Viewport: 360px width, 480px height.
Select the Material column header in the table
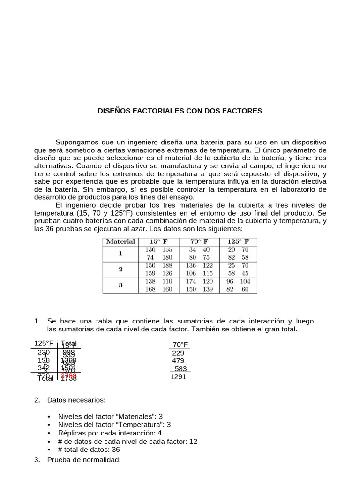(x=120, y=242)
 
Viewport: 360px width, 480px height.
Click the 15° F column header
(x=158, y=242)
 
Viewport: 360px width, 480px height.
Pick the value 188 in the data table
(x=167, y=265)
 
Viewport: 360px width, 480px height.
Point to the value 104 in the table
(x=245, y=281)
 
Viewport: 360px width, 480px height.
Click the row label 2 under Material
(x=120, y=269)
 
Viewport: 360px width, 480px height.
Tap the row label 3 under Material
(x=120, y=285)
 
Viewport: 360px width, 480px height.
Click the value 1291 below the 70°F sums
(x=178, y=376)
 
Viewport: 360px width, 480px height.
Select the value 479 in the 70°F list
(x=178, y=360)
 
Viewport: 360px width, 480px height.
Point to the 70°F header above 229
(x=180, y=345)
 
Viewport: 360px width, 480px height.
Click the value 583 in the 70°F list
(x=180, y=368)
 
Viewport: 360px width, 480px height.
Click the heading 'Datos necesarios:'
(x=76, y=400)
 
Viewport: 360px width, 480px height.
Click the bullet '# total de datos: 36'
(x=89, y=450)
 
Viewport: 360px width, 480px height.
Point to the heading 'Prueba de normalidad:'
(x=84, y=460)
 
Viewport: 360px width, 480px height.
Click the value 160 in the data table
(x=167, y=289)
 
